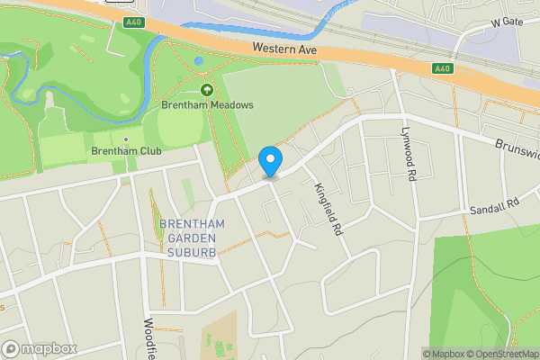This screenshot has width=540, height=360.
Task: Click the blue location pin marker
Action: click(270, 161)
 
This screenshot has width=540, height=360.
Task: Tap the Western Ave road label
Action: click(285, 48)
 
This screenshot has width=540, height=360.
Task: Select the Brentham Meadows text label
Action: click(207, 105)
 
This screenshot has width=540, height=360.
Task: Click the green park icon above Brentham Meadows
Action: click(207, 89)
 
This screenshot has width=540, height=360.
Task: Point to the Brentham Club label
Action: click(126, 151)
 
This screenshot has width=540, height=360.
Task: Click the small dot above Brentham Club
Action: click(126, 139)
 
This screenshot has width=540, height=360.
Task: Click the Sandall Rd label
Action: click(495, 207)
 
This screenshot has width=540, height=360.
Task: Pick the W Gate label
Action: click(507, 21)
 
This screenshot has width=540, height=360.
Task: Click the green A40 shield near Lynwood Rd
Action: click(442, 68)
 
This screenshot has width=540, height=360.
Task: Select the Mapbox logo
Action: click(40, 348)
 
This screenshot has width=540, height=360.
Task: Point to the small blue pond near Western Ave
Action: click(198, 61)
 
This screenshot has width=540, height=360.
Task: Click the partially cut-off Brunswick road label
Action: click(517, 148)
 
